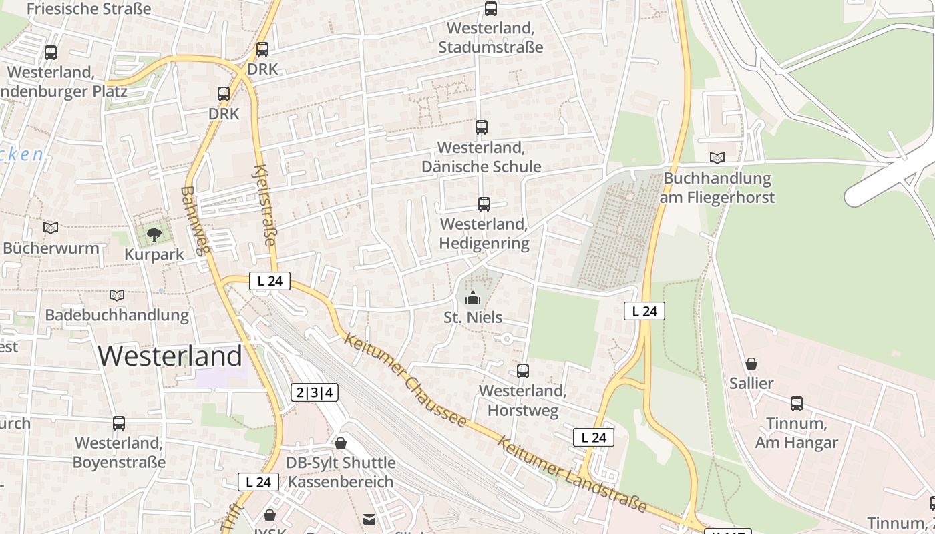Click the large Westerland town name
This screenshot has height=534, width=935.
coord(170,356)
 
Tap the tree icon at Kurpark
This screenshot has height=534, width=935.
coord(154,234)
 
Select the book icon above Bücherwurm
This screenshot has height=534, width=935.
coord(51,228)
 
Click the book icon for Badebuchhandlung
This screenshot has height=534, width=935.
coord(117,295)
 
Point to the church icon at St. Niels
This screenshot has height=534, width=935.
coord(473,298)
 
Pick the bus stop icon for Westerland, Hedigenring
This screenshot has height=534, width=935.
coord(484,204)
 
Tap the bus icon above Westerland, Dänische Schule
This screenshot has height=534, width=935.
coord(481,127)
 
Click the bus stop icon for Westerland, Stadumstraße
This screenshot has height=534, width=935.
coord(491,9)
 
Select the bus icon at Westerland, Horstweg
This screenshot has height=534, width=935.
coord(523,371)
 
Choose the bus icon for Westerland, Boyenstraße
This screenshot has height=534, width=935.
coord(119,423)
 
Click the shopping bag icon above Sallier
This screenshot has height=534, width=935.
coord(751,364)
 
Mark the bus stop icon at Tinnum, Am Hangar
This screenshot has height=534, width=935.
coord(797,404)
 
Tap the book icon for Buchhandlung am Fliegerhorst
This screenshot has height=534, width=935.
coord(717,158)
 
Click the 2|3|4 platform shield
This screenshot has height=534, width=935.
coord(315,392)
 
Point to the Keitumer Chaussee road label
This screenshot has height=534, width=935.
coord(405,380)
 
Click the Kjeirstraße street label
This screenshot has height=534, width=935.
coord(265,205)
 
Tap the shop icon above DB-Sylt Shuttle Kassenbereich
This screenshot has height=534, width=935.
coord(341,443)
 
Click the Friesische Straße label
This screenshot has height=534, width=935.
coord(89,9)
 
